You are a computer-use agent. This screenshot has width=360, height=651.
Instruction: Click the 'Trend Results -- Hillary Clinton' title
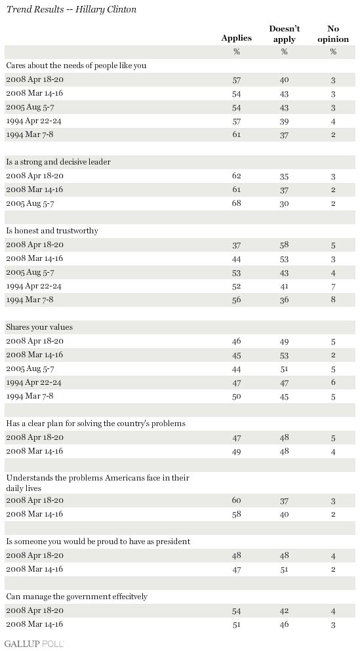click(x=71, y=9)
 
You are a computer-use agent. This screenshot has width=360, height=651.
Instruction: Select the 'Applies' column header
click(x=236, y=38)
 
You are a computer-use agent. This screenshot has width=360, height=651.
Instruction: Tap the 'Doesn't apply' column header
click(x=285, y=34)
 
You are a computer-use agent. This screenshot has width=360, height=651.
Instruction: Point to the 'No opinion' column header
click(x=333, y=34)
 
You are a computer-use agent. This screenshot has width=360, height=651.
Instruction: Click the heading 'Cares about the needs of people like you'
click(x=76, y=66)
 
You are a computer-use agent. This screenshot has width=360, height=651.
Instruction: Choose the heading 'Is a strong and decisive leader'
click(x=58, y=162)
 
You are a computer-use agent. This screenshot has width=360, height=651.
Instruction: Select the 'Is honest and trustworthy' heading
click(x=52, y=231)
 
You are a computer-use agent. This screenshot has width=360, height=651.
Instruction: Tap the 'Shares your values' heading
click(x=39, y=327)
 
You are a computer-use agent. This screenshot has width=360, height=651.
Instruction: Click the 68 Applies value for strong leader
click(x=237, y=203)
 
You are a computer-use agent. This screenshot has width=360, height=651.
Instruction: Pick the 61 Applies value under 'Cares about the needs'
click(x=237, y=134)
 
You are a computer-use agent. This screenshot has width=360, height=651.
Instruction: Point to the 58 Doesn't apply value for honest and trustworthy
click(x=284, y=245)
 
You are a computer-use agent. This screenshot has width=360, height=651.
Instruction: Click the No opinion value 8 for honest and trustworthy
click(x=333, y=300)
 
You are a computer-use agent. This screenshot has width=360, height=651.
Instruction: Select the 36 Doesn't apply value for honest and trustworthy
click(x=284, y=300)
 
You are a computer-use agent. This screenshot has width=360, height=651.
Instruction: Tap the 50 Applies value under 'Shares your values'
click(x=237, y=396)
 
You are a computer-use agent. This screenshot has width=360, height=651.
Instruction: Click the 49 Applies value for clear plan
click(x=237, y=451)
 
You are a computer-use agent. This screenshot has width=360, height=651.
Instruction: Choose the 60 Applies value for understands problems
click(x=237, y=500)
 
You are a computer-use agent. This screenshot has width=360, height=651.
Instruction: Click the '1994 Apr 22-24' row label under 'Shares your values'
click(x=35, y=382)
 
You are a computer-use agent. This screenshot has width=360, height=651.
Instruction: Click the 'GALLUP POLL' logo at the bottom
click(x=35, y=644)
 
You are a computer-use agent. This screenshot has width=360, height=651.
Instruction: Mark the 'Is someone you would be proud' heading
click(x=98, y=542)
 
